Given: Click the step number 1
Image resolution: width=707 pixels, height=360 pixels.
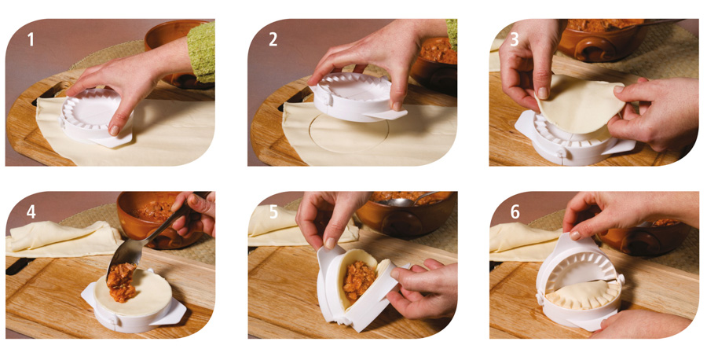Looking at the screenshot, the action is point(31,40).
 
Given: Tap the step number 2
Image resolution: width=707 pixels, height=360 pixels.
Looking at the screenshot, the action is point(273,40).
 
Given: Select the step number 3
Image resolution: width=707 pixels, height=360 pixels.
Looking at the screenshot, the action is point(515,40).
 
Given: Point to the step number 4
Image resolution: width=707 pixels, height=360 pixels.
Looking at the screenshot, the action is point(31,211).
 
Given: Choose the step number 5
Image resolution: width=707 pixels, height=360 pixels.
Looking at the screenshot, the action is point(273,211).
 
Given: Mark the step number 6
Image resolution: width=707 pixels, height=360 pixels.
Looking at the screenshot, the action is point(515,211).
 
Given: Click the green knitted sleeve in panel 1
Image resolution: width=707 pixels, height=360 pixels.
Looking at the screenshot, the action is point(202,53).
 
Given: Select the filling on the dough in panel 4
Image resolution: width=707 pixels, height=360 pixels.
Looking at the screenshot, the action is point(122,283).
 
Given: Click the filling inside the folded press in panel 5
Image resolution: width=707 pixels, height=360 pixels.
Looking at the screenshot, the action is point(358,281).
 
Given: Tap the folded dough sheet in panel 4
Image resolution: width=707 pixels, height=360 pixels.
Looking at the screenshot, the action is point(63,239).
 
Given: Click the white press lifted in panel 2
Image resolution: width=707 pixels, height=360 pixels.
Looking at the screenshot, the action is point(356,97).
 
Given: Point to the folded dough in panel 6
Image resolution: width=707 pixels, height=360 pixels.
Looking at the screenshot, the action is point(526,243).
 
